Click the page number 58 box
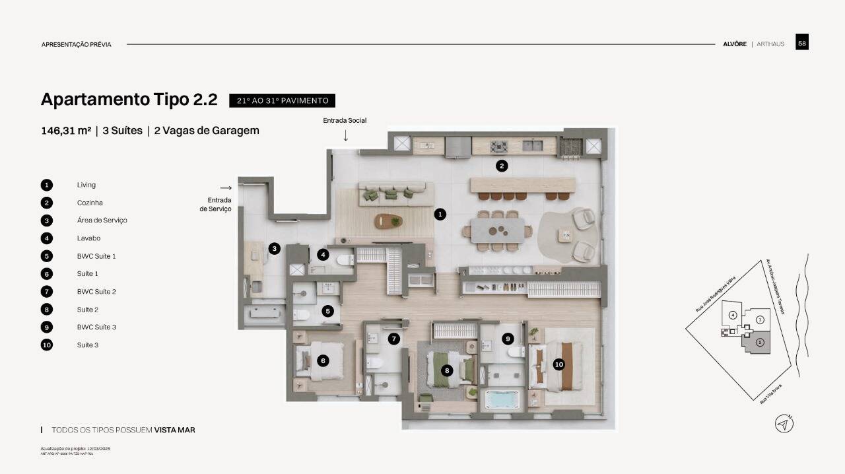(x=801, y=42)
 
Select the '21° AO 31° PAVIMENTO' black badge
(x=282, y=100)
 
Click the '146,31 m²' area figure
(x=66, y=131)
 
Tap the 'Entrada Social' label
(x=345, y=120)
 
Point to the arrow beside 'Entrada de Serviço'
(x=226, y=188)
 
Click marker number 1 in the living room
(x=440, y=214)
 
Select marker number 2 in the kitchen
(x=502, y=166)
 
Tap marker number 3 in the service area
(x=274, y=249)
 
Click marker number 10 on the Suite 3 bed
(x=558, y=364)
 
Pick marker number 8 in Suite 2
(x=447, y=371)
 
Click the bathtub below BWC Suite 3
(x=502, y=399)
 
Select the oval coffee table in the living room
(x=388, y=221)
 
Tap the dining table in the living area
(x=498, y=230)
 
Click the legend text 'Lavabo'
(x=88, y=238)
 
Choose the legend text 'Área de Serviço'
(x=102, y=220)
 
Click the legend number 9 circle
(x=47, y=327)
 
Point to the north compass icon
(x=784, y=424)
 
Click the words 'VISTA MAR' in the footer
(x=174, y=430)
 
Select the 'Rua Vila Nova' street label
(x=770, y=393)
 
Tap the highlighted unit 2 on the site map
(x=759, y=342)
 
